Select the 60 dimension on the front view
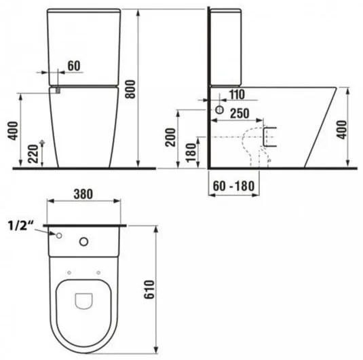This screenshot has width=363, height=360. [75, 65]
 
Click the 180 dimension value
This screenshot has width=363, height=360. [191, 151]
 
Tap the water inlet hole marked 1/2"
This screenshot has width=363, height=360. [59, 236]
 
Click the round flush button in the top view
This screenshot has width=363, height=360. [85, 240]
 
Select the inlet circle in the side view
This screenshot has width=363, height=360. [220, 111]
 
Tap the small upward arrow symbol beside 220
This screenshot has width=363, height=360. [43, 143]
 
